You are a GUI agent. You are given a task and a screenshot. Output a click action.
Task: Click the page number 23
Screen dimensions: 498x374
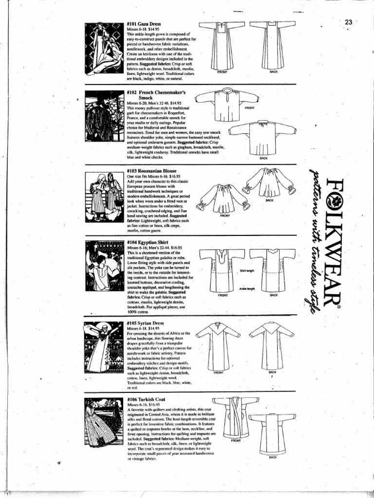point(348,22)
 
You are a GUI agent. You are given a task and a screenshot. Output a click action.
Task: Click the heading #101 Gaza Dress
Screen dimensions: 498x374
point(144,23)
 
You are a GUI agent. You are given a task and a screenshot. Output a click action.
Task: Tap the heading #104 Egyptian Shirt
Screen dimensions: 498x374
point(148,242)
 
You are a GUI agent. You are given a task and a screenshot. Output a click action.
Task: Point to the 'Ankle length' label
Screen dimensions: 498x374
point(247,288)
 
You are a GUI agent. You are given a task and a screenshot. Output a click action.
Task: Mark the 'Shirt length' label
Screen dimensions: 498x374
point(247,270)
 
